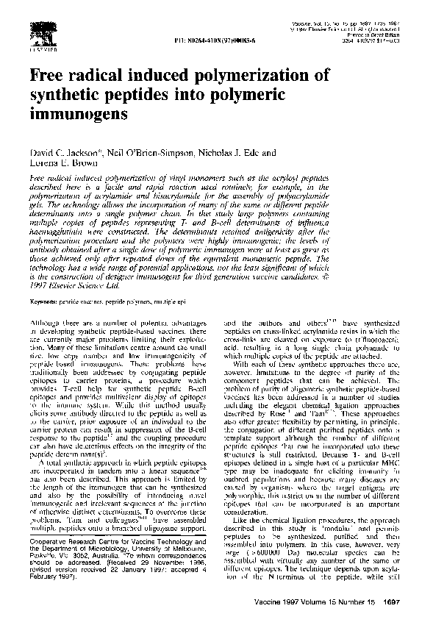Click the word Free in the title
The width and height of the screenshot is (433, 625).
point(46,76)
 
